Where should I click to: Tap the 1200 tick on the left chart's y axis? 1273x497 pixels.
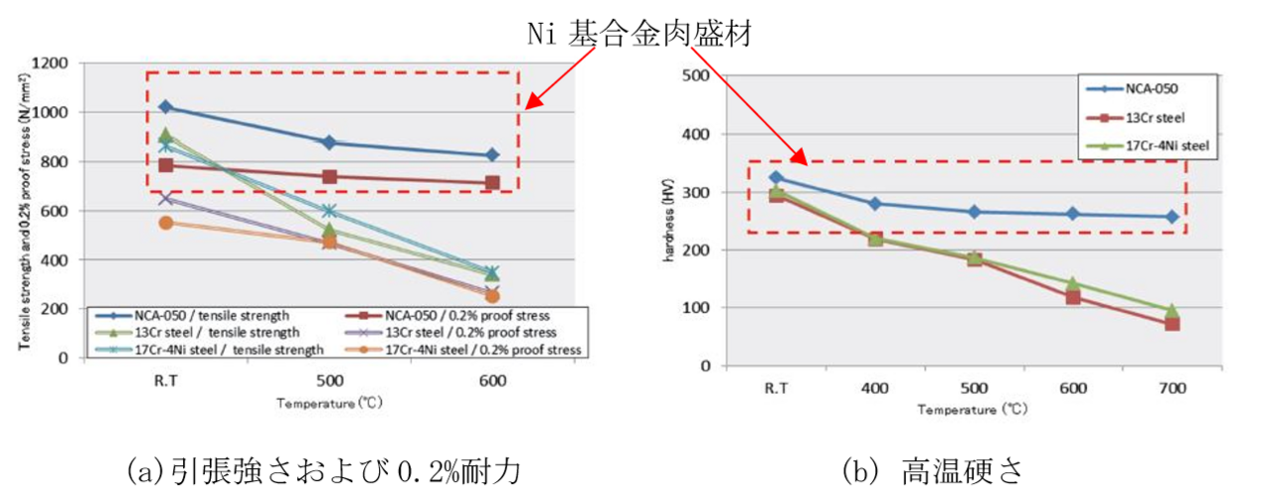[49, 64]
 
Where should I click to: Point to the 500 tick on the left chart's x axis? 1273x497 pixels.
[329, 381]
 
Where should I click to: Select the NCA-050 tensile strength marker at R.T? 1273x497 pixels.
[166, 106]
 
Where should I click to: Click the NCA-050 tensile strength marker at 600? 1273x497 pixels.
[492, 155]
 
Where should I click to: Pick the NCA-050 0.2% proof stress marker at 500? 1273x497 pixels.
[329, 177]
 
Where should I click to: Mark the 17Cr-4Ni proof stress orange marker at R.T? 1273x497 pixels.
[166, 223]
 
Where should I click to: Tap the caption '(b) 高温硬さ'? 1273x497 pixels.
[934, 470]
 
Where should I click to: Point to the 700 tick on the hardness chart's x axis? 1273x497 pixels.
[1172, 389]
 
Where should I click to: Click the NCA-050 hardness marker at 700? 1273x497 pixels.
[1172, 217]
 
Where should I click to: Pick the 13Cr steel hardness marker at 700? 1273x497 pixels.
[1172, 324]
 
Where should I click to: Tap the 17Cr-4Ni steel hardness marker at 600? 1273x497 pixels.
[1072, 284]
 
